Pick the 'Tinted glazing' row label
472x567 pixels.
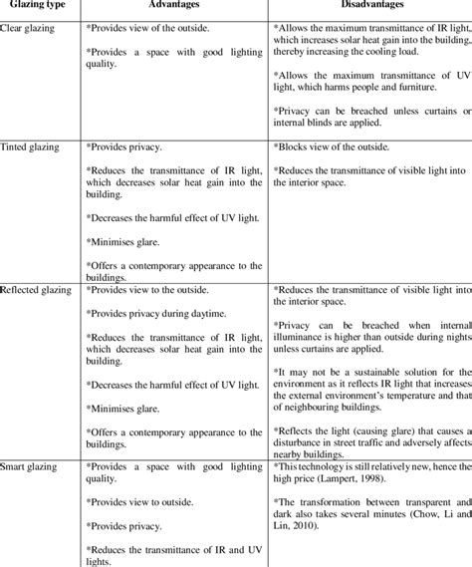tap(37, 146)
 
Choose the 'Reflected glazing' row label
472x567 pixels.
tap(42, 288)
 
